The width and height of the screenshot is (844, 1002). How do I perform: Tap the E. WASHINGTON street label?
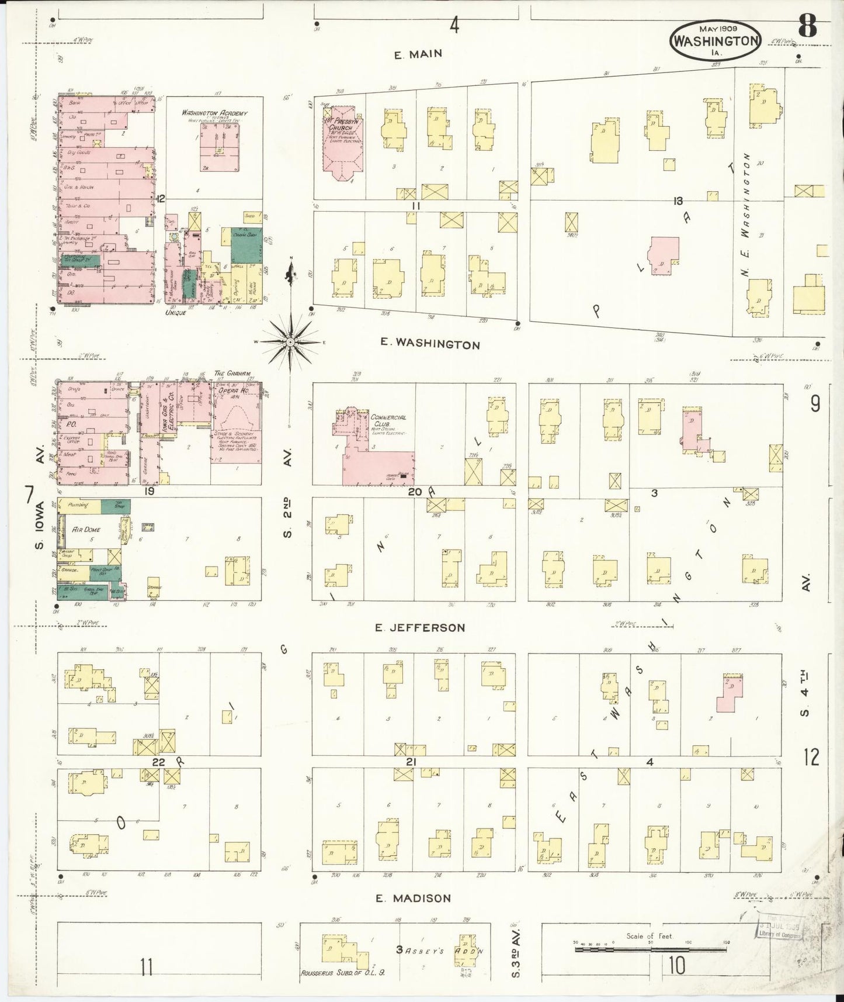click(430, 344)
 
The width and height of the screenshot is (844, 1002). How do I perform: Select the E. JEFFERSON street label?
click(420, 627)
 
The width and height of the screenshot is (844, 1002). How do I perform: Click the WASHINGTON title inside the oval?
click(716, 41)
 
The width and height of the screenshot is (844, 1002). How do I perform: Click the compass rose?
click(290, 341)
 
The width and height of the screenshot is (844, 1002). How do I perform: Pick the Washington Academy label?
click(214, 113)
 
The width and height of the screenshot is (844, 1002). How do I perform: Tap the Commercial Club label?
click(388, 421)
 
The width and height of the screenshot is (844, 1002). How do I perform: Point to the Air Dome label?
click(86, 529)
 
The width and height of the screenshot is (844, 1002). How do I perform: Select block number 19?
click(150, 491)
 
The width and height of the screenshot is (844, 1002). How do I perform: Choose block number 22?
click(159, 762)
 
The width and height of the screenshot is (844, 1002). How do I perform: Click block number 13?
click(678, 201)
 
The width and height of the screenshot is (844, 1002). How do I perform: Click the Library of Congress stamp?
click(780, 930)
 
